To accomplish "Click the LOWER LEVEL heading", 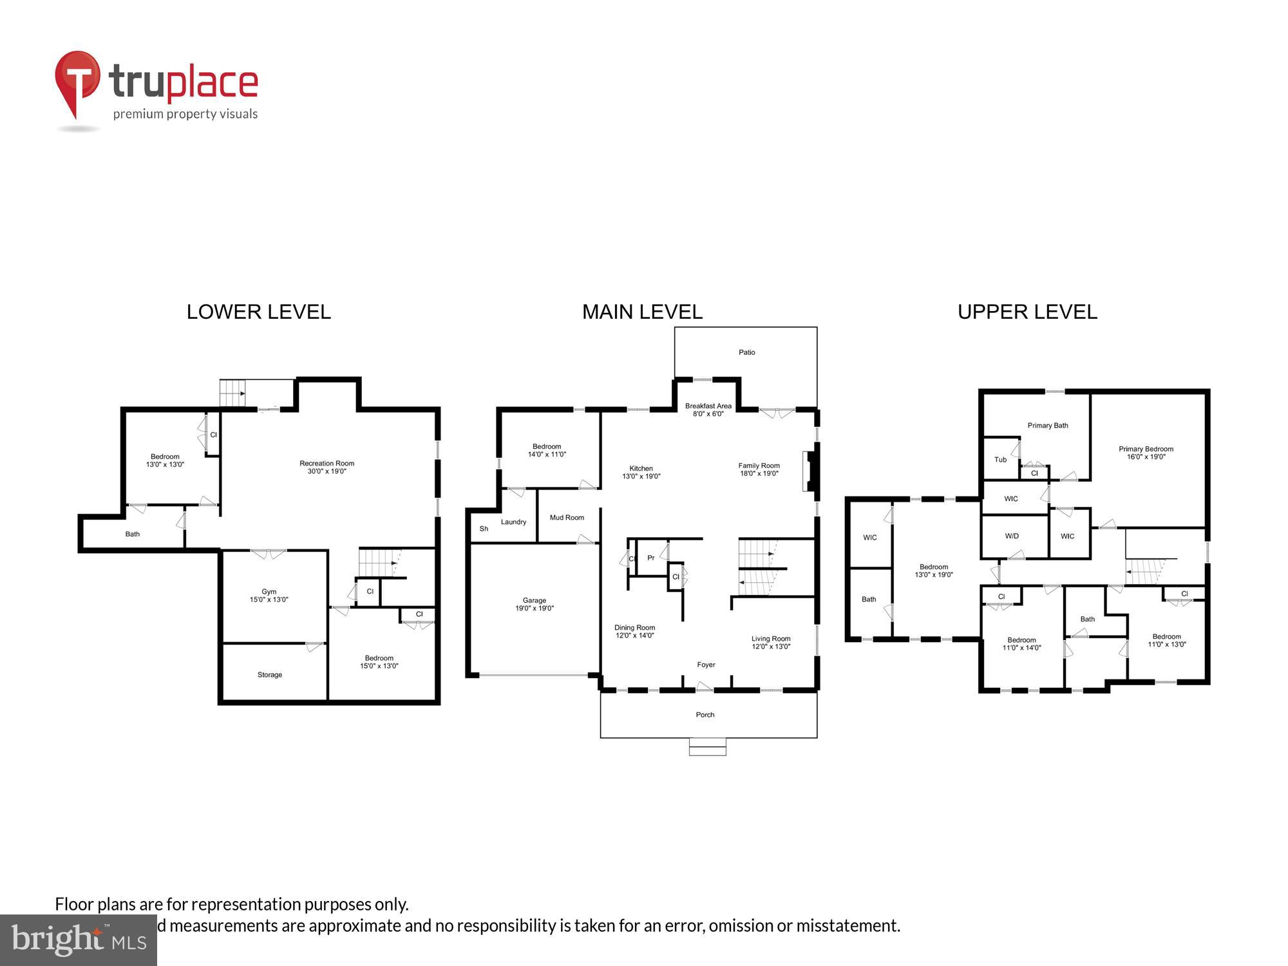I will point(258,312).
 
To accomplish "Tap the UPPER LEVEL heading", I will point(1027,312).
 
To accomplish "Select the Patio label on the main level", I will point(746,352).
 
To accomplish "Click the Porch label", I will point(705,715).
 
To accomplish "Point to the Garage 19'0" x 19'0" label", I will point(534,604).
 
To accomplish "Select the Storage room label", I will point(269,675).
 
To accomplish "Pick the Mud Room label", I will point(567,518).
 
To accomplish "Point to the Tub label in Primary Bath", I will point(999,460).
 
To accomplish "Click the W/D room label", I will point(1011,536).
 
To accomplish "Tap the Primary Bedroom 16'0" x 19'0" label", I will point(1146,453).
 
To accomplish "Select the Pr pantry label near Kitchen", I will point(650,558).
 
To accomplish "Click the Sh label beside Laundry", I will point(484,529).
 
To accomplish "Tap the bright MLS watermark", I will point(78,940).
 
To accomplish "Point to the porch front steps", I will point(707,747).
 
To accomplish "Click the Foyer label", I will point(706,665).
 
